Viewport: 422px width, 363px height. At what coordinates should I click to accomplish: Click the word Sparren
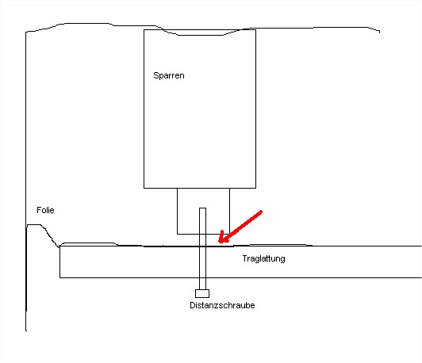pos(169,75)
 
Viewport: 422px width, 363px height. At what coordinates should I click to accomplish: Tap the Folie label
pos(45,210)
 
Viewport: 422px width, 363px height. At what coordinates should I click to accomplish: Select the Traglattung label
pos(263,258)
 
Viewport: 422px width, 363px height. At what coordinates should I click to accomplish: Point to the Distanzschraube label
pos(222,305)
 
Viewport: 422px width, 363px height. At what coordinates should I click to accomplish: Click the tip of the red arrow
pos(219,243)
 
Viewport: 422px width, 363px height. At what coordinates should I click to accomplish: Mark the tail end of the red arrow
pos(261,212)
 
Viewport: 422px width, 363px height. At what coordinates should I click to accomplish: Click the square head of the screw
pos(202,293)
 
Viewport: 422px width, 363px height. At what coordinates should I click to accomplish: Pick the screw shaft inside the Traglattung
pos(202,262)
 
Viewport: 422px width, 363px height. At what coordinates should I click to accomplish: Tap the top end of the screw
pos(202,208)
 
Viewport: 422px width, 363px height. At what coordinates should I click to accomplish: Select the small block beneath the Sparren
pos(203,211)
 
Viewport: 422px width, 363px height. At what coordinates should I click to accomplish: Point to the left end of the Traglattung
pos(59,262)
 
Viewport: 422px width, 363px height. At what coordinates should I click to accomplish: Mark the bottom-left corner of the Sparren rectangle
pos(144,188)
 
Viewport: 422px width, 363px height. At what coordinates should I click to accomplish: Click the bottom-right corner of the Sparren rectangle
pos(255,188)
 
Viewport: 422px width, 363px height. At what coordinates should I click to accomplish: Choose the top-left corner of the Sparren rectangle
pos(144,30)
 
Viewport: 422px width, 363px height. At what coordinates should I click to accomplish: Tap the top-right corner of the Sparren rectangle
pos(255,30)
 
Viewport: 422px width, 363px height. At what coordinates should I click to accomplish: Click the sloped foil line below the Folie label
pos(49,235)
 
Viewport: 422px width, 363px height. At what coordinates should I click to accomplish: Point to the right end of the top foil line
pos(379,32)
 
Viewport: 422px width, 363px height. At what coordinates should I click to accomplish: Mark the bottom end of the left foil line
pos(26,331)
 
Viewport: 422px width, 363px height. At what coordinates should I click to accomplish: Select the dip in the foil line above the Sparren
pos(201,35)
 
